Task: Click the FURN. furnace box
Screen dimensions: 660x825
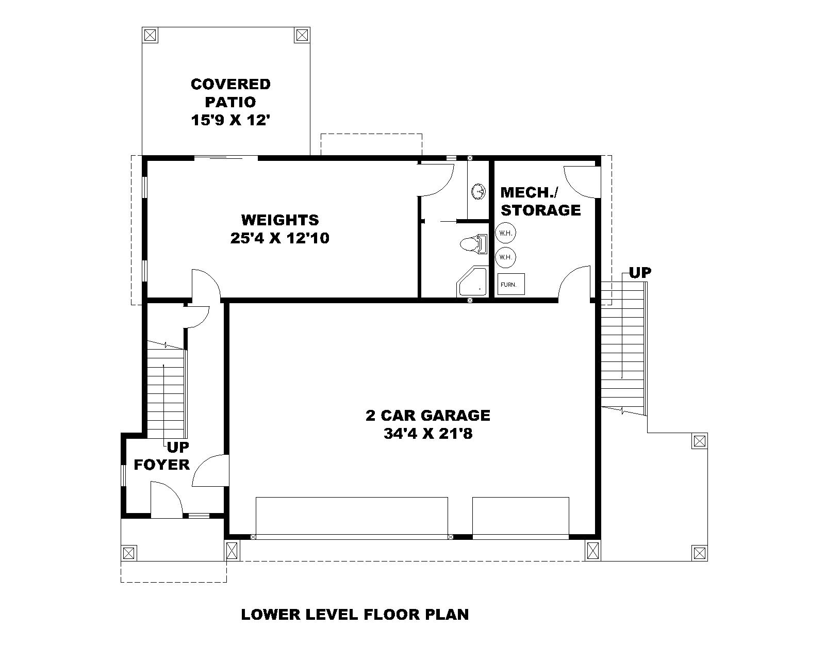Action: coord(510,284)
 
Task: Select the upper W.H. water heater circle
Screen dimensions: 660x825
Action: coord(506,233)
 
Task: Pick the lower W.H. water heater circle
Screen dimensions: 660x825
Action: coord(506,257)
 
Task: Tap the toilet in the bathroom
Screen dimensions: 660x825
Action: coord(473,243)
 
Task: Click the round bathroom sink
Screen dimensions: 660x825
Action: coord(478,192)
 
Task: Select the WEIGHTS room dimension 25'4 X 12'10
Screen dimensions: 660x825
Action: coord(280,238)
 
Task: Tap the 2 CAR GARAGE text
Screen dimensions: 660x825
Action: coord(428,415)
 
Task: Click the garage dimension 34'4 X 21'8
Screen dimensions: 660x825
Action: coord(428,434)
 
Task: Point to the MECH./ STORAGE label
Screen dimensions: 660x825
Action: coord(540,202)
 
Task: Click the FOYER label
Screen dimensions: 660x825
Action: coord(162,465)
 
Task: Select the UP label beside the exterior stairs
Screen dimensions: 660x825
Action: coord(639,273)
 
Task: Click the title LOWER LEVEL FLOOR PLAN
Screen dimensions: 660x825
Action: coord(355,614)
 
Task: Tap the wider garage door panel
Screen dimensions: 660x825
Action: coord(352,517)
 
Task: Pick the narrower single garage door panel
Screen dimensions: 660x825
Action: coord(521,517)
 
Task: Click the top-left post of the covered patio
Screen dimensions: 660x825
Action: coord(150,35)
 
